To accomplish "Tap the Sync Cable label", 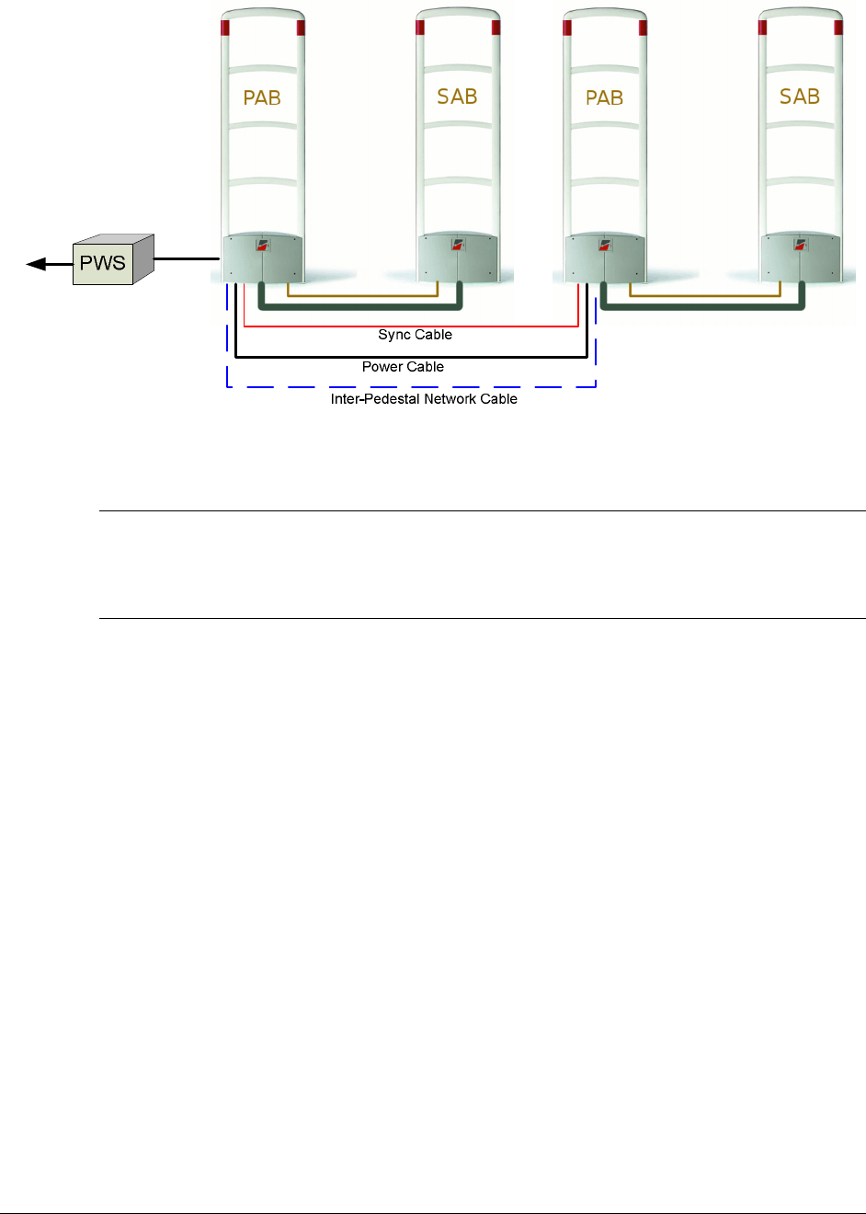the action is coord(415,335).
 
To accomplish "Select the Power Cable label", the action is coord(403,367).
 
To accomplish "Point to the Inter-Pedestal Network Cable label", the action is coord(424,399).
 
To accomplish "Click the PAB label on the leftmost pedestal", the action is coord(262,97).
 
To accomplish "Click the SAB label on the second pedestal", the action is coord(457,97).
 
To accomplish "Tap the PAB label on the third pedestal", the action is coord(604,97).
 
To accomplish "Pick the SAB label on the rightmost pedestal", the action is coord(799,97).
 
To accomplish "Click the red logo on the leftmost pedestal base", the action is coord(263,246).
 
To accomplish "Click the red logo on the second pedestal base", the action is coord(458,246).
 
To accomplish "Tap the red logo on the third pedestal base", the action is coord(605,246).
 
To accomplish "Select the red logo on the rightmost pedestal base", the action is coord(800,246).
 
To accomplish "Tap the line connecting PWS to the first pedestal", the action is coord(187,259).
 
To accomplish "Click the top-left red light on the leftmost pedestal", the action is coord(225,27).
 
